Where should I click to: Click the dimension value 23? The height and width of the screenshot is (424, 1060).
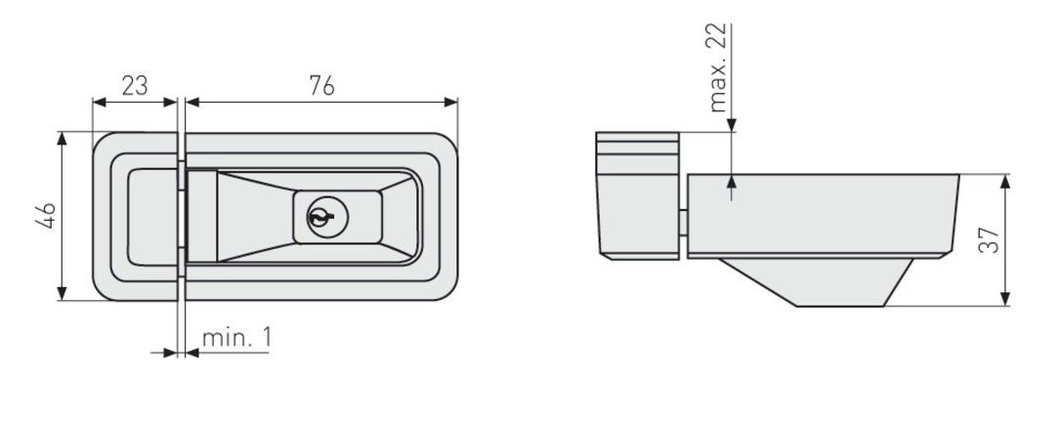[x=135, y=86]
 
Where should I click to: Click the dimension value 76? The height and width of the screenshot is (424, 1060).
[x=321, y=86]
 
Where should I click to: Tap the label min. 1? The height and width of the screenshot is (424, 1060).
[x=236, y=337]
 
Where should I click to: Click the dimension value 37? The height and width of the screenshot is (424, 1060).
[x=989, y=240]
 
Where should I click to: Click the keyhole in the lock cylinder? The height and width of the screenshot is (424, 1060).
[x=319, y=216]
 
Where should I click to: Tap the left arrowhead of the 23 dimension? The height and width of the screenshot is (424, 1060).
[x=99, y=103]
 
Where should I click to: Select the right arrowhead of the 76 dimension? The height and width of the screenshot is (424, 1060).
[x=451, y=103]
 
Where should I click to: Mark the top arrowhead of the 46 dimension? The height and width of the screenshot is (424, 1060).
[x=63, y=138]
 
